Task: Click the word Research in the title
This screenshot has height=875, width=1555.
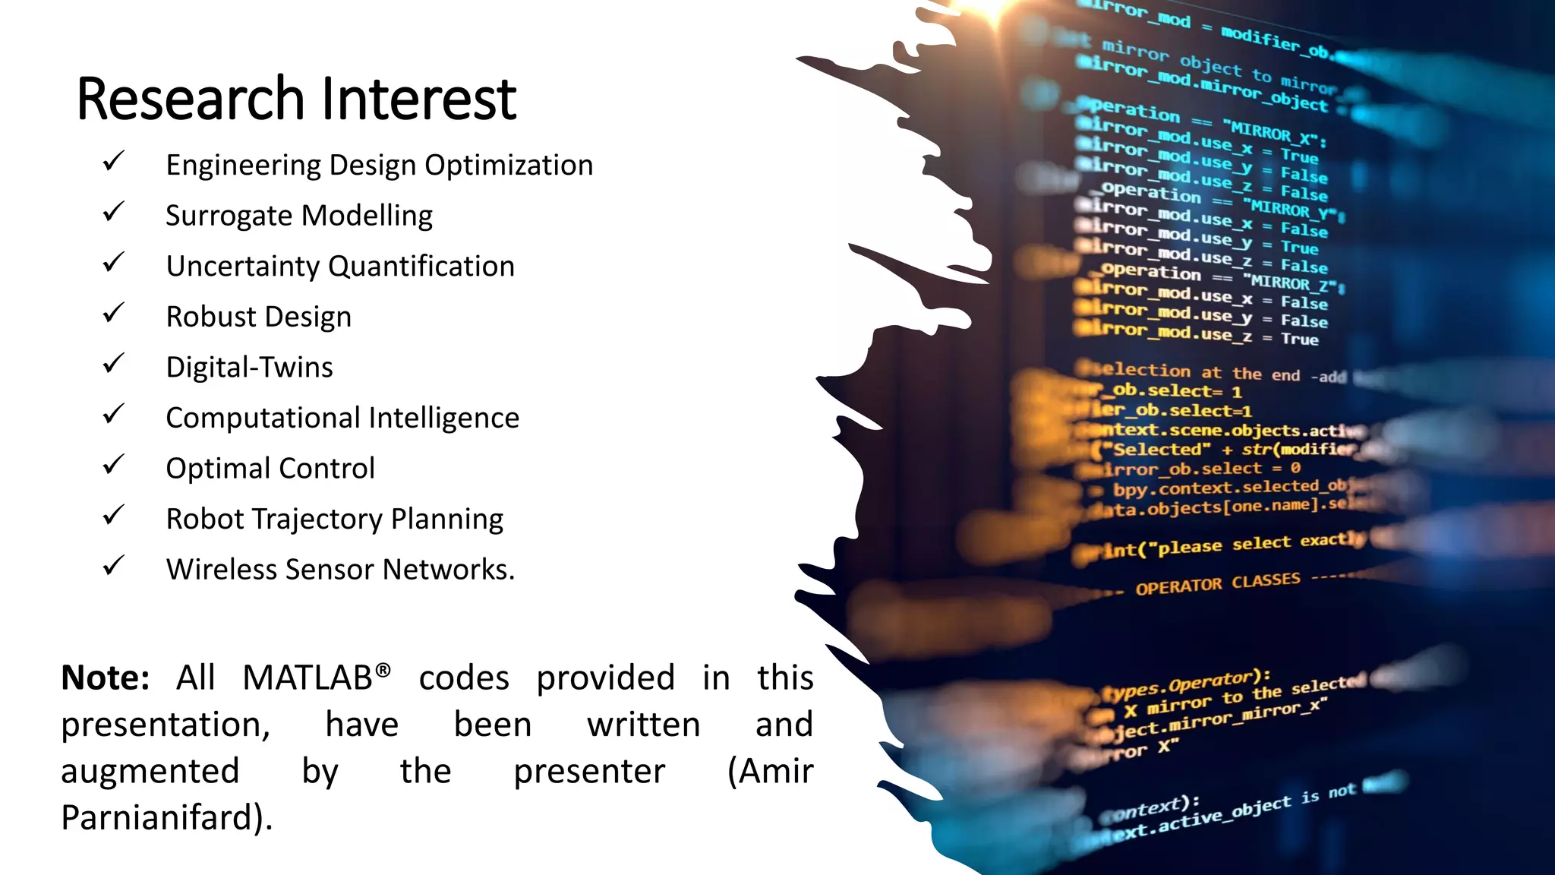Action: point(191,100)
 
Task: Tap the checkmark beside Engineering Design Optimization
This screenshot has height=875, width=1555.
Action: point(114,162)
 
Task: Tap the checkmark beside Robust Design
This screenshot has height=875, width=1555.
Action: point(114,313)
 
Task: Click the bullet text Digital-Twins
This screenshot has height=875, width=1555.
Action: point(249,368)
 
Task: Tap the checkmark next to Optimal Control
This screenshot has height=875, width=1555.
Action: point(114,464)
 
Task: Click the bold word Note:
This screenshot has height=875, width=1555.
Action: point(105,678)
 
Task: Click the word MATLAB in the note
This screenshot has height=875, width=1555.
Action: point(307,678)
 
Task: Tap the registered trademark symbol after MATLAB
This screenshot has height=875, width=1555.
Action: point(383,670)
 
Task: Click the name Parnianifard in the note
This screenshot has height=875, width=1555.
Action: point(160,818)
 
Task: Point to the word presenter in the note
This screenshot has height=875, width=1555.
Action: point(589,772)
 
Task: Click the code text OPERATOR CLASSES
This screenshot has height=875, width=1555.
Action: point(1218,584)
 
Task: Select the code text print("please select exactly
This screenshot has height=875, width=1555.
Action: point(1222,545)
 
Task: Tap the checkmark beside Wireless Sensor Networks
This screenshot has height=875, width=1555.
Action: point(114,566)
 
